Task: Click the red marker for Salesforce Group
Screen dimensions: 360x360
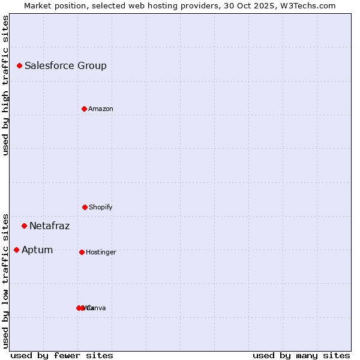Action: tap(19, 65)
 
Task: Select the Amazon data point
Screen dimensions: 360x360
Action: tap(84, 109)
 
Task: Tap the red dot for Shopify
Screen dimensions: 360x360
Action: tap(85, 207)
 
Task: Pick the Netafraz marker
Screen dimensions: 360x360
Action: tap(24, 226)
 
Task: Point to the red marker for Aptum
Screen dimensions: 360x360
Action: tap(16, 250)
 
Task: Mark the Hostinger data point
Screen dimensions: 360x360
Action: tap(82, 252)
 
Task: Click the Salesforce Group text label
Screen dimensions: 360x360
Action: tap(65, 65)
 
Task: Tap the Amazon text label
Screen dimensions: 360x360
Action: tap(101, 109)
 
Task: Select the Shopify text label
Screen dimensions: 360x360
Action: tap(101, 207)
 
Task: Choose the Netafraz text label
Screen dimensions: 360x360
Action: tap(49, 226)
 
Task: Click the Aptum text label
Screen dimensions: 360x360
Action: tap(37, 250)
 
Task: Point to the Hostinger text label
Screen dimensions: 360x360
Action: tap(101, 252)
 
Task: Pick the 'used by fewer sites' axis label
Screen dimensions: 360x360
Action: tap(62, 355)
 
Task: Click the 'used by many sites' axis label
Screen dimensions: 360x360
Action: tap(301, 355)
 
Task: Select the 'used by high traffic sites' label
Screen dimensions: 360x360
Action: tap(5, 85)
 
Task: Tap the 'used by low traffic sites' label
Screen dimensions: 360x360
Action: tap(5, 280)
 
